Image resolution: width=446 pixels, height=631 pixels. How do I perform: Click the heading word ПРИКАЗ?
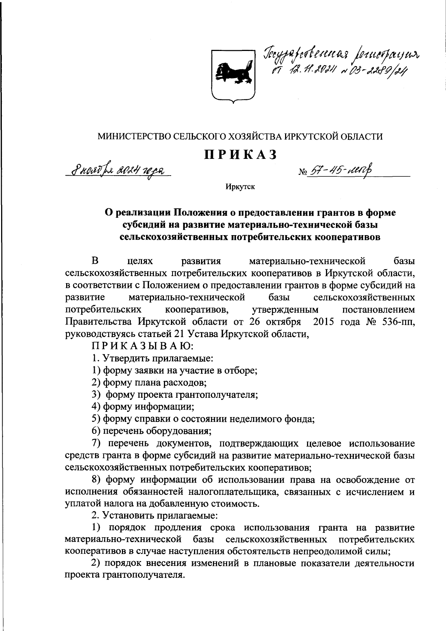240,154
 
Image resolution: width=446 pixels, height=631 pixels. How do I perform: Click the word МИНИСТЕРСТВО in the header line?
135,137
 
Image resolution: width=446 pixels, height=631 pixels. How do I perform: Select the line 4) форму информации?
143,407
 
